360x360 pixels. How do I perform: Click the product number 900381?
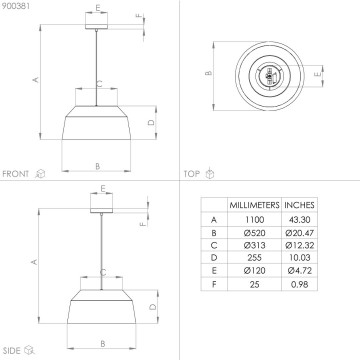16,7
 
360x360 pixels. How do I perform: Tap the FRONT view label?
17,172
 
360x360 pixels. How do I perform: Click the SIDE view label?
13,349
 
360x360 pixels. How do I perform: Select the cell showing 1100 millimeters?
255,220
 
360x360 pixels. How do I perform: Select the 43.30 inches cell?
300,220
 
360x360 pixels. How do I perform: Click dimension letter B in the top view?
208,73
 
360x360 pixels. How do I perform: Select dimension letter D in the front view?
149,122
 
